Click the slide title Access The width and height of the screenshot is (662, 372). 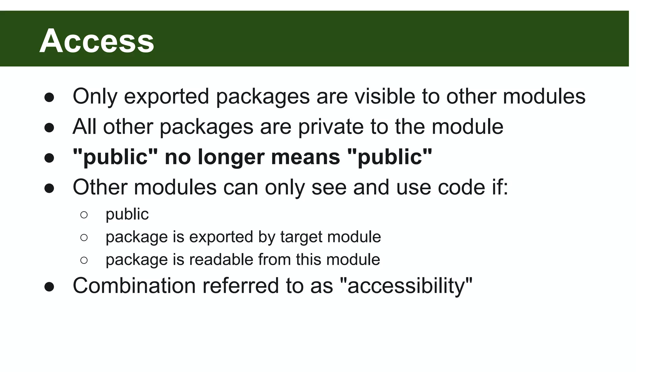[x=97, y=41]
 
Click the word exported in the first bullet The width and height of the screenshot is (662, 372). [x=166, y=96]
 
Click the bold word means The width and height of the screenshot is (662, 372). [x=305, y=157]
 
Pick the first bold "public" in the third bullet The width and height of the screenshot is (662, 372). [x=115, y=157]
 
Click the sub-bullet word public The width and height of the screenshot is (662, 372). [x=127, y=214]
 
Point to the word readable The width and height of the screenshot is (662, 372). [x=221, y=260]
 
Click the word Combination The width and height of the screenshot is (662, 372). [x=134, y=286]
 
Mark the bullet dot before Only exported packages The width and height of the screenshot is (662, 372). [x=49, y=98]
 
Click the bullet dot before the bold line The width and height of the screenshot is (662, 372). [x=49, y=158]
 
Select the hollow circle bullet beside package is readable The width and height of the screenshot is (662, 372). [x=84, y=260]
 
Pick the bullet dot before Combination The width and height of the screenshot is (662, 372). [x=49, y=287]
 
